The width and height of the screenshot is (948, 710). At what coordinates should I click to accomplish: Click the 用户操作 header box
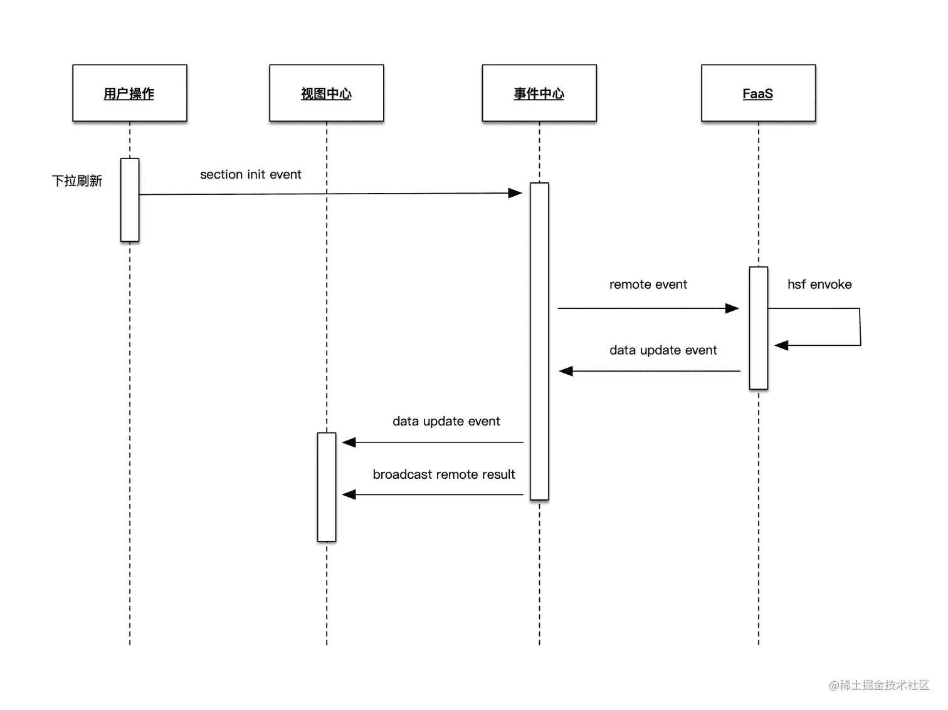click(129, 93)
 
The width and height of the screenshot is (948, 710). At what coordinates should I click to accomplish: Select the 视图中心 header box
click(326, 93)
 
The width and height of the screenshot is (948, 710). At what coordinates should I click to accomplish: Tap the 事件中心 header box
click(539, 93)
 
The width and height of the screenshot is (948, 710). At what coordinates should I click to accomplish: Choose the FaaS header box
click(758, 93)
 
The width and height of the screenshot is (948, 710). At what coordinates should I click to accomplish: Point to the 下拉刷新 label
click(76, 181)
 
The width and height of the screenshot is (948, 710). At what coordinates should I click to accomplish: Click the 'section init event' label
click(250, 174)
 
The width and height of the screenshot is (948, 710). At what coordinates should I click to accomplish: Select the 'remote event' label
click(648, 285)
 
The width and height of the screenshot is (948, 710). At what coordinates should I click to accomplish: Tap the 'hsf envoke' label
click(819, 285)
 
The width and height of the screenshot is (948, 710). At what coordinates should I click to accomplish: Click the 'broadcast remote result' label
click(443, 474)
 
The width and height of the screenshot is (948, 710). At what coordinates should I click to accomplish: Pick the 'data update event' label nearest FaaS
click(663, 350)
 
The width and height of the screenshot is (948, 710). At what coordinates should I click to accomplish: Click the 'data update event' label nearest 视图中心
click(446, 421)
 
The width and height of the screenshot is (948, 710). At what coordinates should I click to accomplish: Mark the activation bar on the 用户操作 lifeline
click(130, 200)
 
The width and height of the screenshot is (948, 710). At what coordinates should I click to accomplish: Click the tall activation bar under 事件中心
click(539, 342)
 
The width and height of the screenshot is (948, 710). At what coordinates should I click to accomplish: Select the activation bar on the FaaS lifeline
click(758, 328)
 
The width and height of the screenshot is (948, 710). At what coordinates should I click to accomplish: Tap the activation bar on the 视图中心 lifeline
click(327, 486)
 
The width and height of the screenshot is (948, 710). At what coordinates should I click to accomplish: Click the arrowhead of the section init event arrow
click(515, 193)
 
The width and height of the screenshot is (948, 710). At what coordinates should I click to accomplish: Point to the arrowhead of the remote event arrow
click(732, 308)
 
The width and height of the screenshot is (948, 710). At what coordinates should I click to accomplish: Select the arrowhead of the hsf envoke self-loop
click(781, 345)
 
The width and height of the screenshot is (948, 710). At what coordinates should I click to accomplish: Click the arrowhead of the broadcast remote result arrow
click(349, 494)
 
